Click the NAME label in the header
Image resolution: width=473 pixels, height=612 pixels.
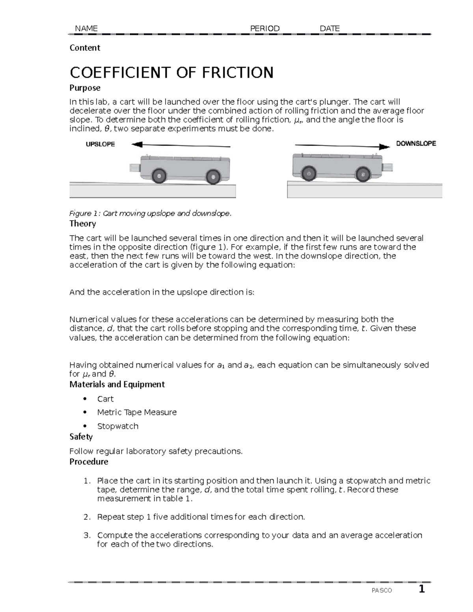point(86,28)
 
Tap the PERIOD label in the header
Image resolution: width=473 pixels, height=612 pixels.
point(265,28)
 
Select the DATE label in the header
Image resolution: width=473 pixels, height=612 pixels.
point(330,28)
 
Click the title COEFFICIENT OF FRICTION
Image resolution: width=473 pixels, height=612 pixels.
point(171,73)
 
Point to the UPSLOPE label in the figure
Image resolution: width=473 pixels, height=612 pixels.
point(100,144)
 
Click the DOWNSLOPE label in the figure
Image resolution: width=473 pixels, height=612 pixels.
point(416,144)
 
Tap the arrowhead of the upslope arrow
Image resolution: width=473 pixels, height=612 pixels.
point(136,145)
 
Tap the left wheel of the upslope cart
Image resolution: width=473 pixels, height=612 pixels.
point(160,176)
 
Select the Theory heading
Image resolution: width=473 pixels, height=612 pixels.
point(82,224)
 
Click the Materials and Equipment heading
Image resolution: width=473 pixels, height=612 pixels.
point(117,384)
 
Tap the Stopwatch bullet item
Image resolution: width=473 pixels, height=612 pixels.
point(117,426)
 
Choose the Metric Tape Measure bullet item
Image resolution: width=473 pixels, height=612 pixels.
point(137,412)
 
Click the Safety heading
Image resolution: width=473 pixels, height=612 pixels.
point(81,437)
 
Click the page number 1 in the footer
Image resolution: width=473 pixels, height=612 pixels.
point(421,590)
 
